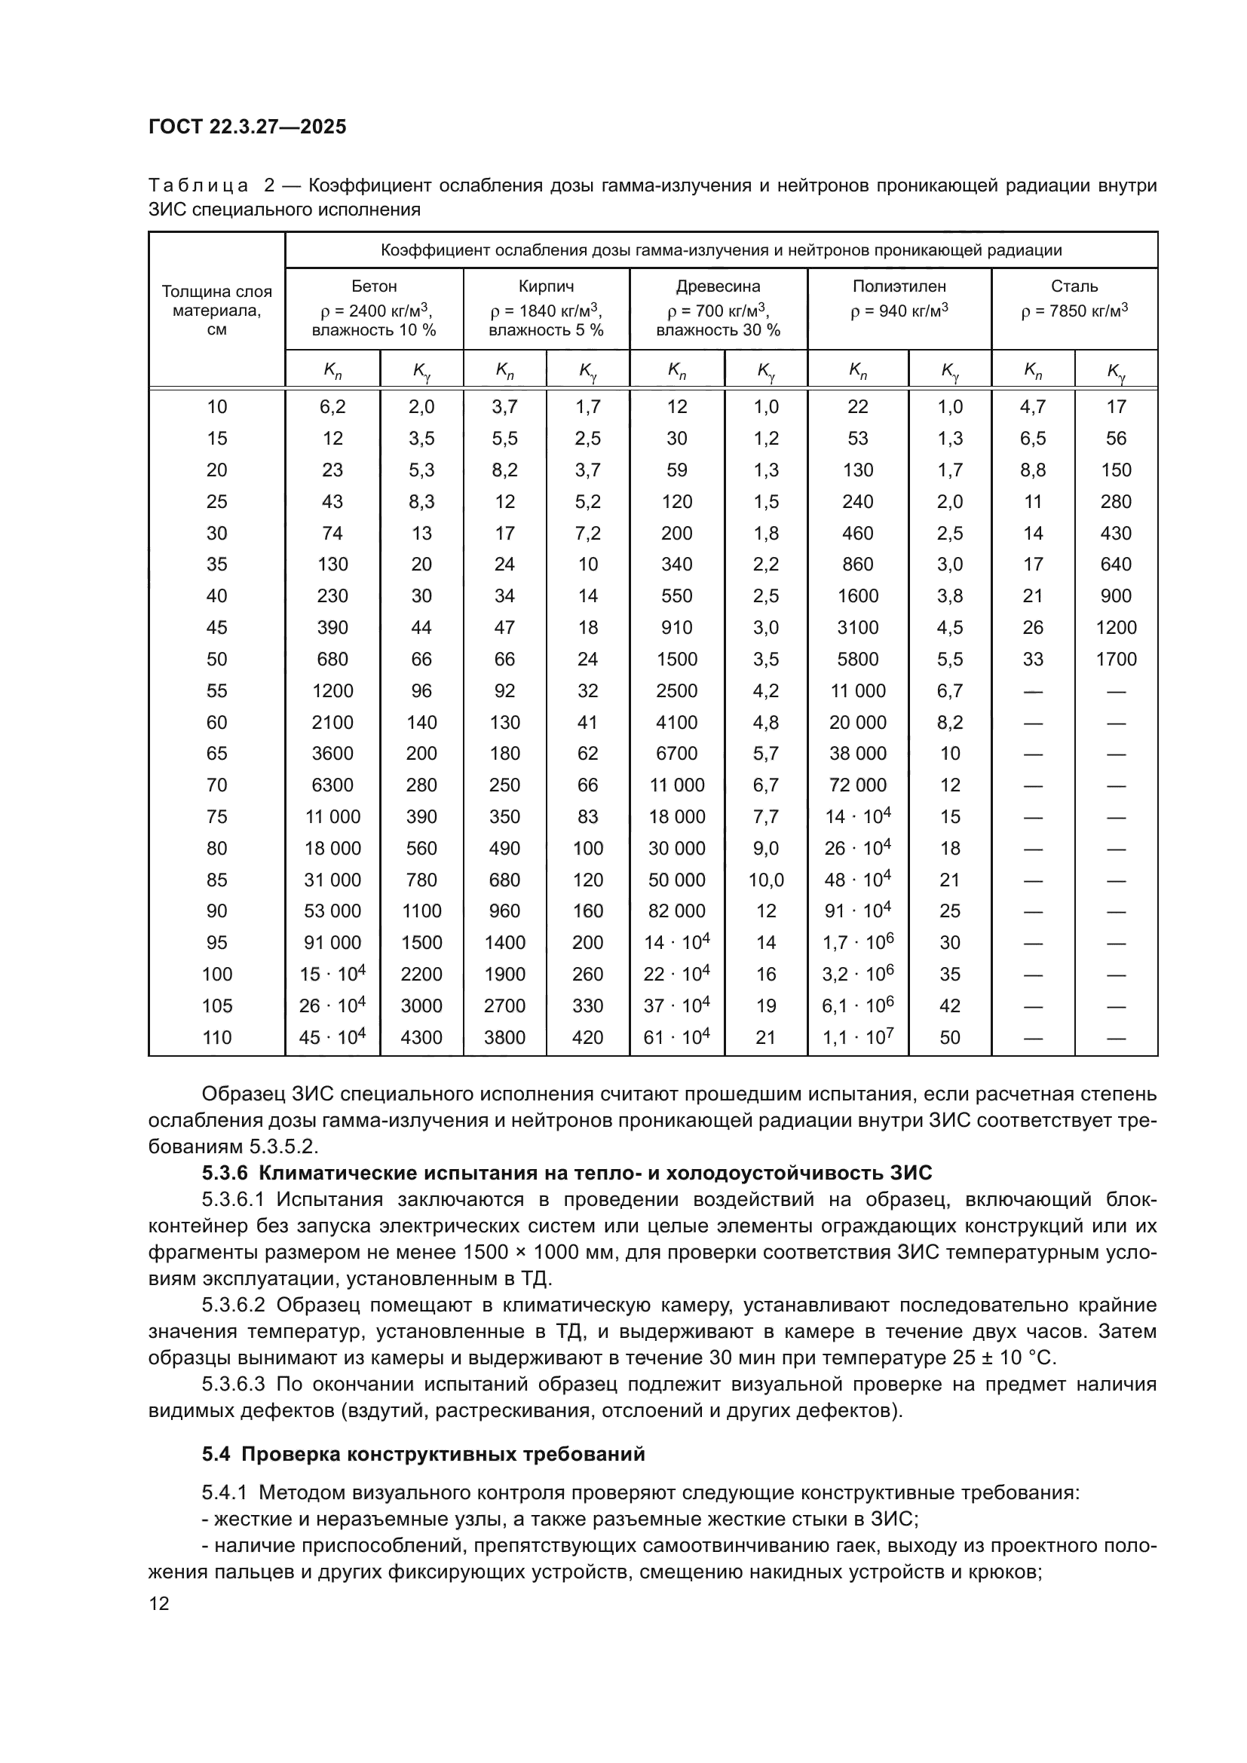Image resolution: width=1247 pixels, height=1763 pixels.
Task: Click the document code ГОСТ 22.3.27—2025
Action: coord(247,127)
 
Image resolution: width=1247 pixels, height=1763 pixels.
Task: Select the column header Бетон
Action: coord(374,286)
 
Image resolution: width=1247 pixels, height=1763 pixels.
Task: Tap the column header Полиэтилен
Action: coord(899,286)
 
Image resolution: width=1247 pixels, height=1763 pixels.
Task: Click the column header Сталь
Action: coord(1074,286)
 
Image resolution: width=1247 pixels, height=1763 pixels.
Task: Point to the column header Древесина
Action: coord(718,286)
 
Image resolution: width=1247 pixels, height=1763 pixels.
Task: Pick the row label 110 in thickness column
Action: coord(216,1037)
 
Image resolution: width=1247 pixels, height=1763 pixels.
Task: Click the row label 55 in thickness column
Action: coord(216,690)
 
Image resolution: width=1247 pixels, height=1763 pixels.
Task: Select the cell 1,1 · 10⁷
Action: coord(858,1037)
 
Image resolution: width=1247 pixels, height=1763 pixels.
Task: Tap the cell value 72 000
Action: coord(858,785)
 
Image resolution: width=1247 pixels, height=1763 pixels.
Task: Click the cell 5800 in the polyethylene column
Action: coord(858,659)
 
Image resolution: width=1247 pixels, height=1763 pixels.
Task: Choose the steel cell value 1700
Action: coord(1116,659)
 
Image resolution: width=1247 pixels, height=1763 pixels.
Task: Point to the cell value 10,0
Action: coord(765,880)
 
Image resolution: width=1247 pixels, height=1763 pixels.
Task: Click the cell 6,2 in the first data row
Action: coord(332,407)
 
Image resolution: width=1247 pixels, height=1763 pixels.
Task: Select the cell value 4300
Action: coord(421,1037)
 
